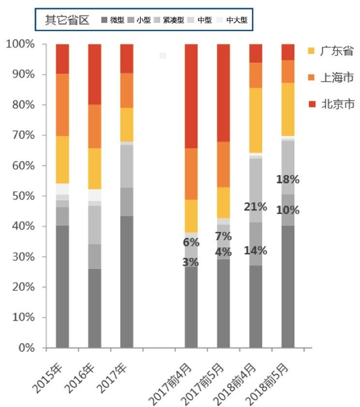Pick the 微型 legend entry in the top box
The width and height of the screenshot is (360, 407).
[113, 20]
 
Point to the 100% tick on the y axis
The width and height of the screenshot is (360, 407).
[20, 44]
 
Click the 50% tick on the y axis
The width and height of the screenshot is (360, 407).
[23, 196]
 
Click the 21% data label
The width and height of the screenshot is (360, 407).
[255, 207]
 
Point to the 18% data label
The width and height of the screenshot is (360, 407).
[288, 179]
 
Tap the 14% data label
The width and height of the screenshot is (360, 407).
[255, 250]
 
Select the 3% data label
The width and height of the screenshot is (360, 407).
[191, 262]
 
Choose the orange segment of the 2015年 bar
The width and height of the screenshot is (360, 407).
[62, 104]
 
